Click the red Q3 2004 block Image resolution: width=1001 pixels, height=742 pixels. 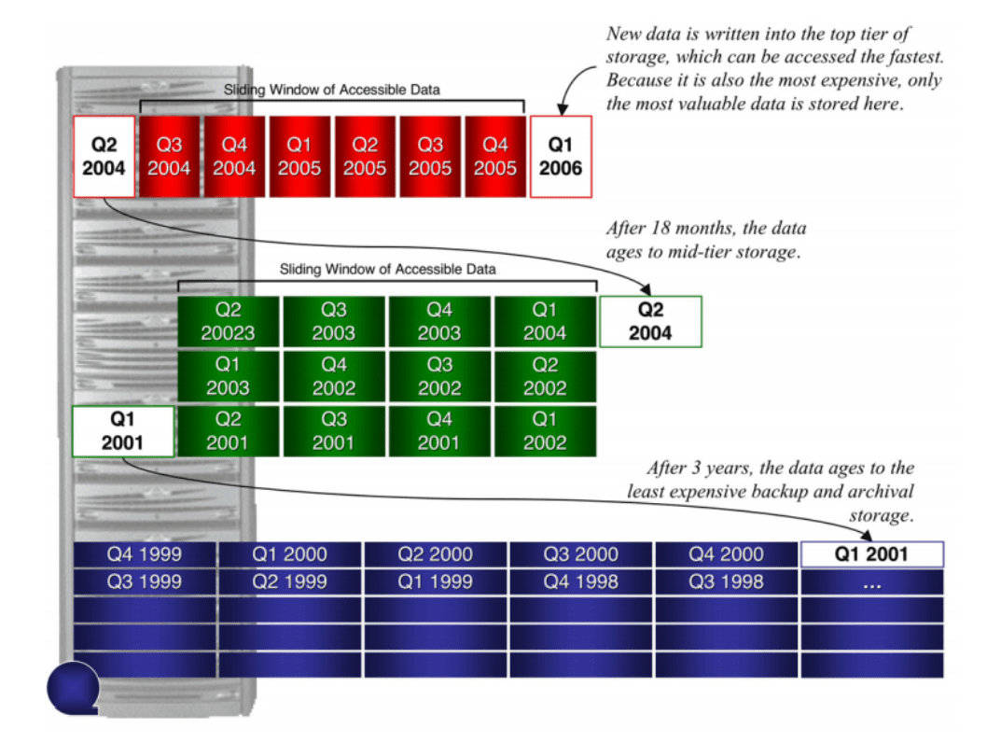pos(169,157)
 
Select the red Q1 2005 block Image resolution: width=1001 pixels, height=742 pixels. pos(299,157)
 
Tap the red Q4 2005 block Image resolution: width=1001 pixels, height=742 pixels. pos(494,157)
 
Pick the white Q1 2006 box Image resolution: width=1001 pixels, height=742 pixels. pos(561,157)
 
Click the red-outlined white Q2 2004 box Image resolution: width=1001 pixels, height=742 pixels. pos(104,157)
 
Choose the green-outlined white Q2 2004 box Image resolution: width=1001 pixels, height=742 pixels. pos(650,322)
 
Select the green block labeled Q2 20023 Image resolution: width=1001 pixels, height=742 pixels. pos(228,322)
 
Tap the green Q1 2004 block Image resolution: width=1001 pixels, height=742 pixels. pos(545,322)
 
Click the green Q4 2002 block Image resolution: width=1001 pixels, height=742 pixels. pos(333,376)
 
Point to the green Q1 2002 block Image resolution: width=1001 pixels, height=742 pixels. pos(545,431)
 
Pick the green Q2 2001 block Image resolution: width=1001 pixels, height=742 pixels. pos(228,431)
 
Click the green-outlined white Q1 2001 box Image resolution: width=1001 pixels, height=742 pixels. pos(122,431)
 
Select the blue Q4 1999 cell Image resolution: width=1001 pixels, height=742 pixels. pos(145,554)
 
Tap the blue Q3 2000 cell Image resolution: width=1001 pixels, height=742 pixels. pos(581,554)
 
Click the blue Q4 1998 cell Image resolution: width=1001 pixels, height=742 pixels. pos(581,582)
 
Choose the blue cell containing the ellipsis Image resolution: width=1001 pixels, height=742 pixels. pos(871,582)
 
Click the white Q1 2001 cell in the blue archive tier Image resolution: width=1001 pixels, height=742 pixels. pos(871,554)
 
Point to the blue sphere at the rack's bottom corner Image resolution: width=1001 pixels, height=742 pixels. pos(73,688)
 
